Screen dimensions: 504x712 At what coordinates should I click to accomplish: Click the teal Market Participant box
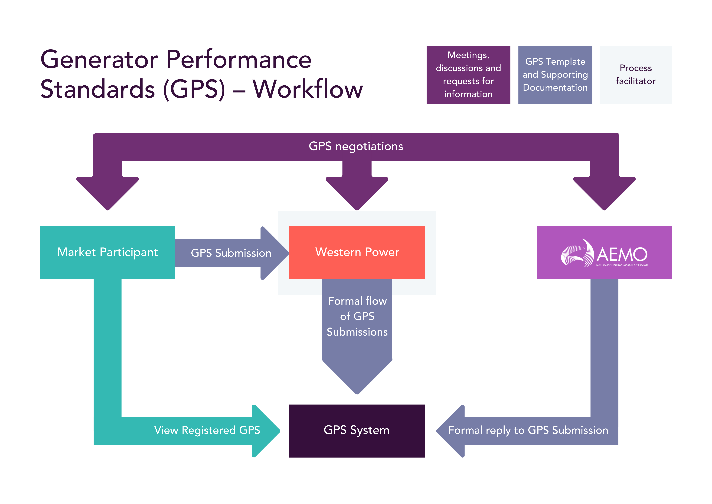click(x=107, y=252)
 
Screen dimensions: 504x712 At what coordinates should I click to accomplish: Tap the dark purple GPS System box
click(x=357, y=431)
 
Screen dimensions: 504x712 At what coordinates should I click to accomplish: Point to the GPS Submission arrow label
click(x=231, y=253)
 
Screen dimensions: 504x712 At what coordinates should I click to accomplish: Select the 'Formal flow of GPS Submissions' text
click(x=357, y=316)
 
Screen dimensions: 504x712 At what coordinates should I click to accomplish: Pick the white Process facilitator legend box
click(x=635, y=75)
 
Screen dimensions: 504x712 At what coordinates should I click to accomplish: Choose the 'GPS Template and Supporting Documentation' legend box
click(x=555, y=75)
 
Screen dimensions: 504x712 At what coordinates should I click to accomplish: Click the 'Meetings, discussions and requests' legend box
click(x=468, y=75)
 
